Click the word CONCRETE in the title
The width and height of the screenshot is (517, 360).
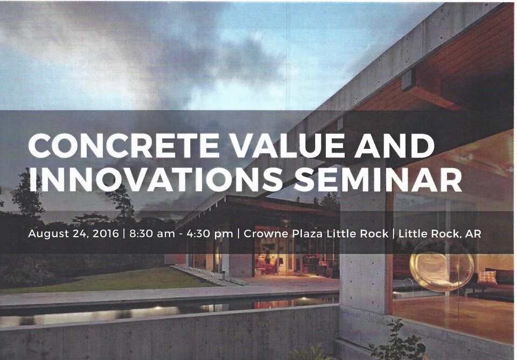[x=124, y=146]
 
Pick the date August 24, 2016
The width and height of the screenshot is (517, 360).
[x=73, y=234]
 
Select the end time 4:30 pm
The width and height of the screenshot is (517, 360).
[x=209, y=234]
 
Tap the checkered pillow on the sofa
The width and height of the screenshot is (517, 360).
[x=487, y=278]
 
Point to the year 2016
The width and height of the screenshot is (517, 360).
[x=106, y=233]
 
